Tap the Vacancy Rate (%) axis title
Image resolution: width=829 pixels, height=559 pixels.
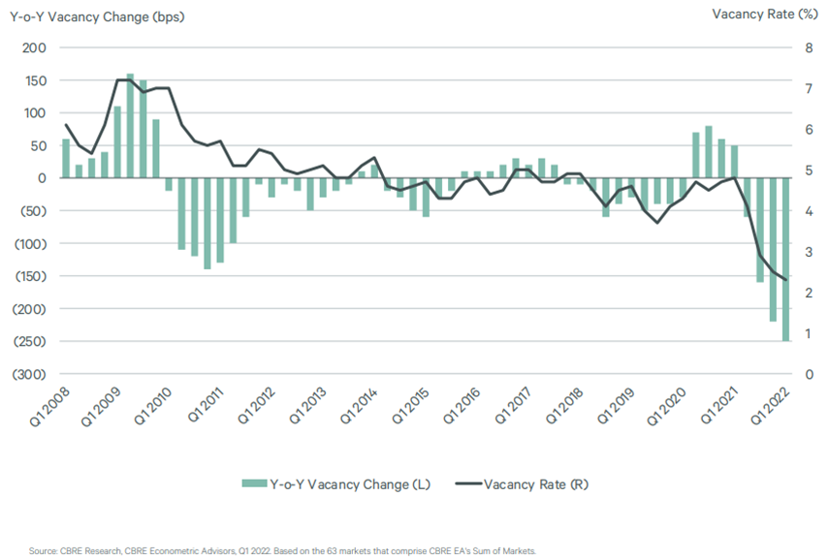coord(765,14)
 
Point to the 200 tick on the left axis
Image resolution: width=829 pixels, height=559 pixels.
coord(34,47)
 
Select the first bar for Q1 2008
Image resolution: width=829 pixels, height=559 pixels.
coord(66,158)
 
